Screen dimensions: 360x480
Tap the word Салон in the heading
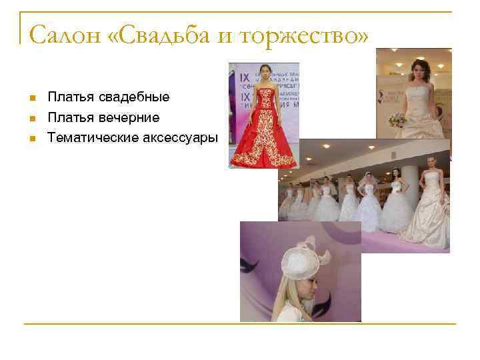(65, 34)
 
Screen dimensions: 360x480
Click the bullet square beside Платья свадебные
(31, 99)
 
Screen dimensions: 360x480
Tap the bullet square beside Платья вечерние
(31, 119)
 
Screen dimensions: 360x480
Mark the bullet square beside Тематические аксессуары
(31, 139)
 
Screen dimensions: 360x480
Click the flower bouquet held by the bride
(398, 120)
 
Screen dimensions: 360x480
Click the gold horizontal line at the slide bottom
(239, 324)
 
